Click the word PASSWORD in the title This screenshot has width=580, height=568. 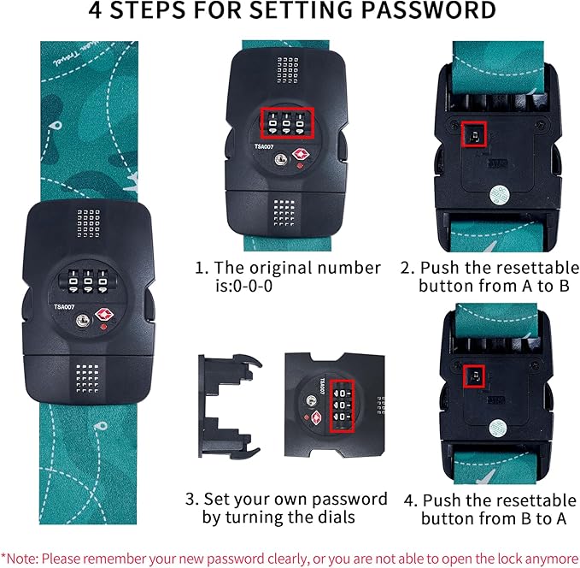click(428, 10)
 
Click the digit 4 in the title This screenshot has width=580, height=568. click(96, 10)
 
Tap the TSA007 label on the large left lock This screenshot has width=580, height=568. click(64, 307)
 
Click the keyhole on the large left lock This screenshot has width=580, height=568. click(83, 320)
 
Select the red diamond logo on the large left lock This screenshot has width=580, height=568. click(104, 315)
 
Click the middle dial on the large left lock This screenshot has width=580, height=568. click(88, 281)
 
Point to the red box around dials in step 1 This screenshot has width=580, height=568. click(287, 122)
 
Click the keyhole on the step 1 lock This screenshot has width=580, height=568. click(281, 160)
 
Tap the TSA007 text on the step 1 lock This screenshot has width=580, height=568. click(264, 147)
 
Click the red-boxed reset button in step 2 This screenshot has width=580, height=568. click(474, 133)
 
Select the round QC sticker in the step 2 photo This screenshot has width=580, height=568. click(499, 194)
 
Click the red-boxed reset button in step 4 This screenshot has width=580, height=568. click(474, 376)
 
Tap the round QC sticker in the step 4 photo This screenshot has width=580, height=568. click(498, 429)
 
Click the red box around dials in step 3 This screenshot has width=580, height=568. click(343, 405)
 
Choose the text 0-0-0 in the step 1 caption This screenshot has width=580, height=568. click(254, 286)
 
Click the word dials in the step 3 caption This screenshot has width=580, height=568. click(334, 517)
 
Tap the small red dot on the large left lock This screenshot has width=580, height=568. click(104, 327)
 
